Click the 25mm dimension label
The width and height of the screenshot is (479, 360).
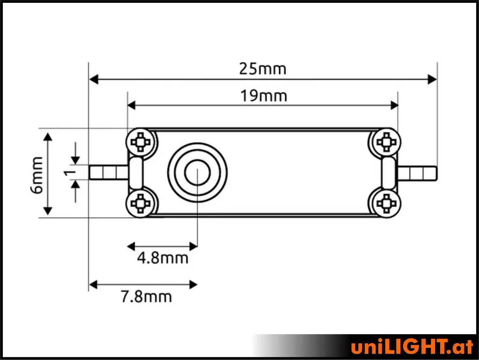coord(262,69)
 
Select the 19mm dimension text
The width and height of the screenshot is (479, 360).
coord(264,96)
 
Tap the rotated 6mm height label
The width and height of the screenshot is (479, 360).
coord(36,175)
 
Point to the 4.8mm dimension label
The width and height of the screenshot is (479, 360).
coord(162,258)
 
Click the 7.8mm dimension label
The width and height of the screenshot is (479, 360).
coord(146,296)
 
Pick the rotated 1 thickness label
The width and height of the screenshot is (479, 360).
coord(70,173)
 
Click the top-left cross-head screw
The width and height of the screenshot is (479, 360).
coord(140,142)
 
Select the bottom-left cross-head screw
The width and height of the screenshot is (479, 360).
coord(140,203)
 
